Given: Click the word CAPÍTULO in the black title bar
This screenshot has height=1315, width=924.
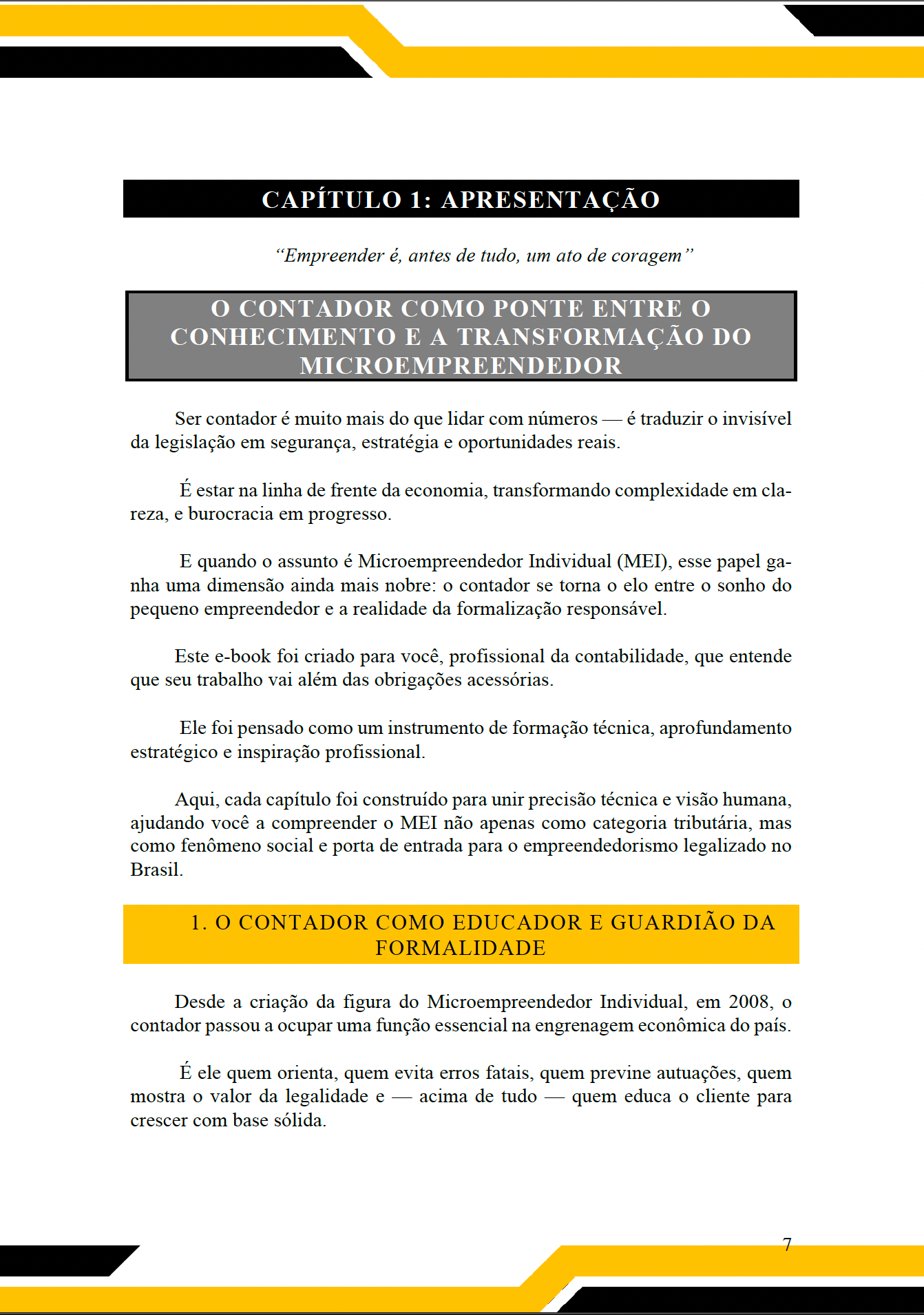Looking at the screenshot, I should [x=331, y=200].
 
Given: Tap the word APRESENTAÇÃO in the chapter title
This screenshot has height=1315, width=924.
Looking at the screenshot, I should [x=550, y=200].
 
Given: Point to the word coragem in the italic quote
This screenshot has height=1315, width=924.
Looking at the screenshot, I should [x=647, y=255].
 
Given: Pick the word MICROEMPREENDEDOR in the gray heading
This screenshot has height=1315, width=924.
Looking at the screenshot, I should [x=461, y=366].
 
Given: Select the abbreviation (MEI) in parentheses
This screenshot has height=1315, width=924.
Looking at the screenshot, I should [x=643, y=561].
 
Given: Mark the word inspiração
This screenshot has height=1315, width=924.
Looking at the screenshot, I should [x=278, y=752].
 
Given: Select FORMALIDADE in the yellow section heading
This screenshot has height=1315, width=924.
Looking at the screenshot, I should [x=461, y=948].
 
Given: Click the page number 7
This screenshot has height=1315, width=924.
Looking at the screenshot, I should [x=787, y=1244].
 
